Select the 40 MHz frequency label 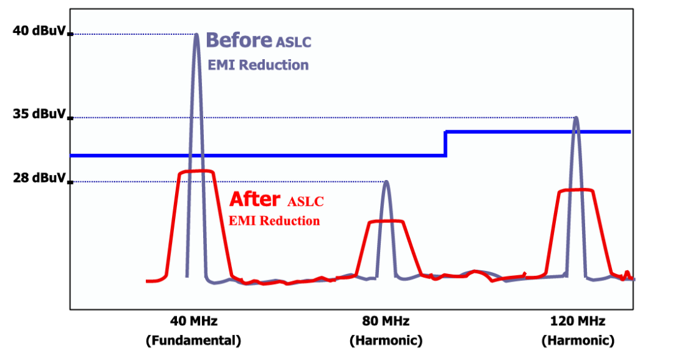(x=193, y=322)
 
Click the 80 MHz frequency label (x=386, y=322)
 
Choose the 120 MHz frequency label (x=578, y=322)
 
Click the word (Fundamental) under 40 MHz (x=193, y=341)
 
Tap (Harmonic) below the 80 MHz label (x=386, y=341)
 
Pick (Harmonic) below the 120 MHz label (x=578, y=341)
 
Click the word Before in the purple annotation (x=239, y=40)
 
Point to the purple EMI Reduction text (x=258, y=65)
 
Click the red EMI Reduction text (x=274, y=220)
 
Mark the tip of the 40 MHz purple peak (x=196, y=35)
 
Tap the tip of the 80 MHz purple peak (x=386, y=182)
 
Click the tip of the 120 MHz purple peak (x=576, y=118)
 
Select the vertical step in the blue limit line (x=446, y=143)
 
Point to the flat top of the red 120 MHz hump (x=576, y=190)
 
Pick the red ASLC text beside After (x=306, y=202)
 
